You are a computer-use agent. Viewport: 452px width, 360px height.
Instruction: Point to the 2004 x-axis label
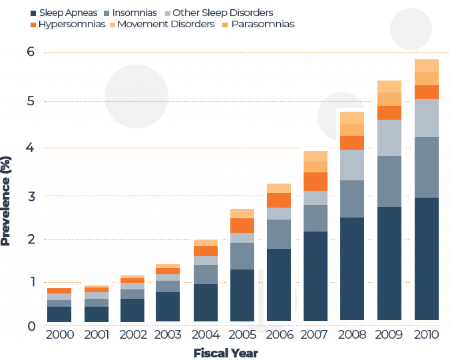[x=207, y=334]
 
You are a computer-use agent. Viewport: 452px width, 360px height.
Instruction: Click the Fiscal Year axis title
[x=226, y=353]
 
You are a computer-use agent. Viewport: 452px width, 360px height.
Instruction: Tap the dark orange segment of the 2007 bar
[x=316, y=181]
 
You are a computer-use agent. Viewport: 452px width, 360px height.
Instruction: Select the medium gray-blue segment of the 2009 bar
[x=390, y=181]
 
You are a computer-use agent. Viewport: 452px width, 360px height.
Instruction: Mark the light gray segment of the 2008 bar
[x=353, y=165]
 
